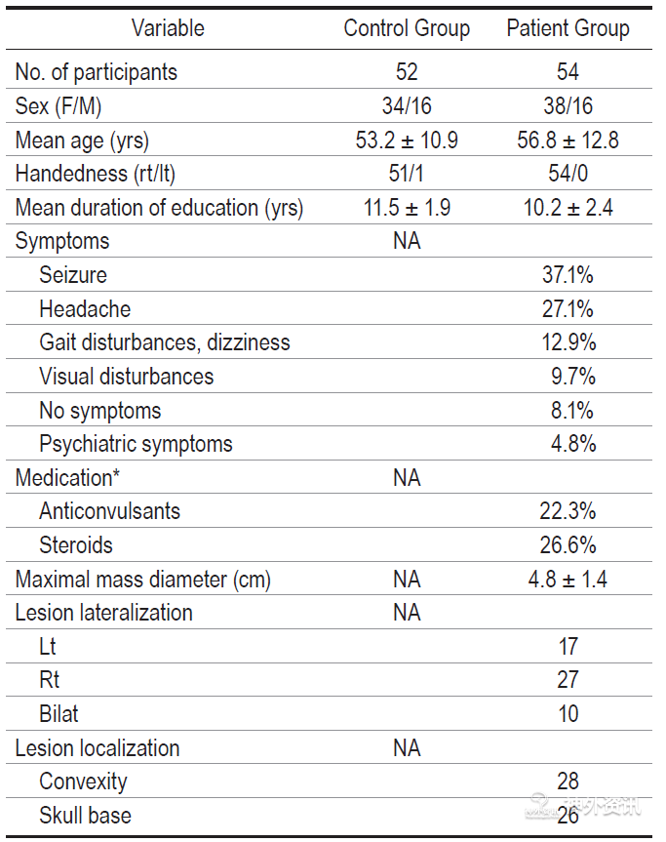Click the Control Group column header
(x=407, y=28)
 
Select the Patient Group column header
(x=568, y=28)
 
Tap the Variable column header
(x=168, y=28)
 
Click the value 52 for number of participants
(x=407, y=72)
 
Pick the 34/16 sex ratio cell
(x=407, y=105)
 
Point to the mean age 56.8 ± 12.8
(x=568, y=140)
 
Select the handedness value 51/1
(x=407, y=174)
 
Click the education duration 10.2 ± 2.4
(x=568, y=208)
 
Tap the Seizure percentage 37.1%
(x=568, y=275)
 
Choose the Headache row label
(x=85, y=309)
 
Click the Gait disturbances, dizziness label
(x=164, y=342)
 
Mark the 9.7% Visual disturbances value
(x=573, y=377)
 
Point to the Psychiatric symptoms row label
(x=136, y=444)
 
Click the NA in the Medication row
(x=407, y=478)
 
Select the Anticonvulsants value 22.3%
(x=568, y=511)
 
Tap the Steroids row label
(x=76, y=545)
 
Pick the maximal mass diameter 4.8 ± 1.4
(x=568, y=580)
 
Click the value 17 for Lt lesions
(x=568, y=647)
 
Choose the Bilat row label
(x=59, y=714)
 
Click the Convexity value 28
(x=568, y=782)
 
